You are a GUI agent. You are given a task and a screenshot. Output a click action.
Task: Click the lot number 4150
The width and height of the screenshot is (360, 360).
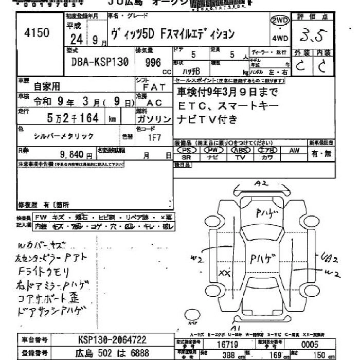coord(37,33)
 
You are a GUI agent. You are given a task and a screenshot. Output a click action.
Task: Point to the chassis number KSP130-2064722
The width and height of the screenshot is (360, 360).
coord(112,340)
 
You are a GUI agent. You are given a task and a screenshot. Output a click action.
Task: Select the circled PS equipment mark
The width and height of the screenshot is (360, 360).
coord(187,150)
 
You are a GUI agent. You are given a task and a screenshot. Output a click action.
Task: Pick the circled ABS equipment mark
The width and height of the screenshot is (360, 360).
coord(240,150)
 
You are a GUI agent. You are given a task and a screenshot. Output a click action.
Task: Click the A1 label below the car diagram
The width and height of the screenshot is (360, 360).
coord(236,328)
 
